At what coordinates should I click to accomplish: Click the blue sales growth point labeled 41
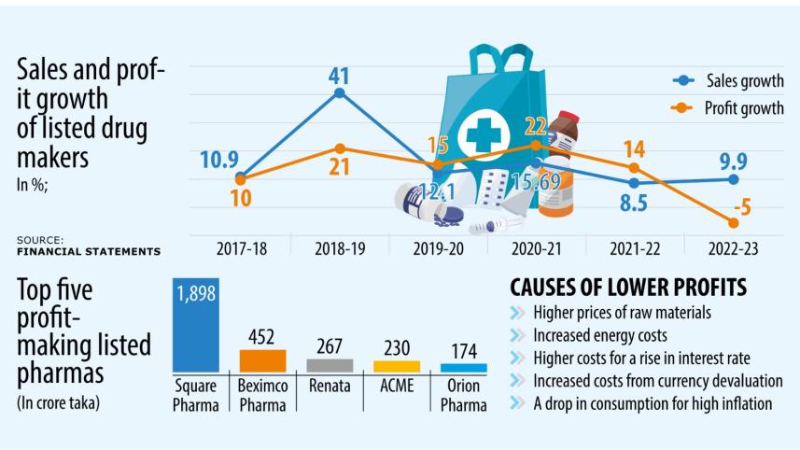click(340, 92)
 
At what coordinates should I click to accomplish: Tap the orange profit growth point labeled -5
click(734, 221)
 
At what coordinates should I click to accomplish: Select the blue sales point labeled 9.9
click(734, 178)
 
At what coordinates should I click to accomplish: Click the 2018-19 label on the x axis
click(340, 248)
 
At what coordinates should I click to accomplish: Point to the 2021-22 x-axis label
click(635, 248)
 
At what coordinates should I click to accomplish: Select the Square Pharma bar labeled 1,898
click(196, 327)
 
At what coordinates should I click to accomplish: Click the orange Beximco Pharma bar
click(262, 361)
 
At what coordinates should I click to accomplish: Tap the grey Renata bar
click(330, 366)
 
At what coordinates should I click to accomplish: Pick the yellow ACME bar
click(397, 367)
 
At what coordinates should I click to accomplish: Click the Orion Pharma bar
click(464, 369)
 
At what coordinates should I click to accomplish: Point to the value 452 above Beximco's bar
click(262, 337)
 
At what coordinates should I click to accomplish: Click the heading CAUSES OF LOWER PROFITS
click(627, 287)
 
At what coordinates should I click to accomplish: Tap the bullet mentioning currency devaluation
click(657, 381)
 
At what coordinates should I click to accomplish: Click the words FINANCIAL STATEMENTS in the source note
click(88, 251)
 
